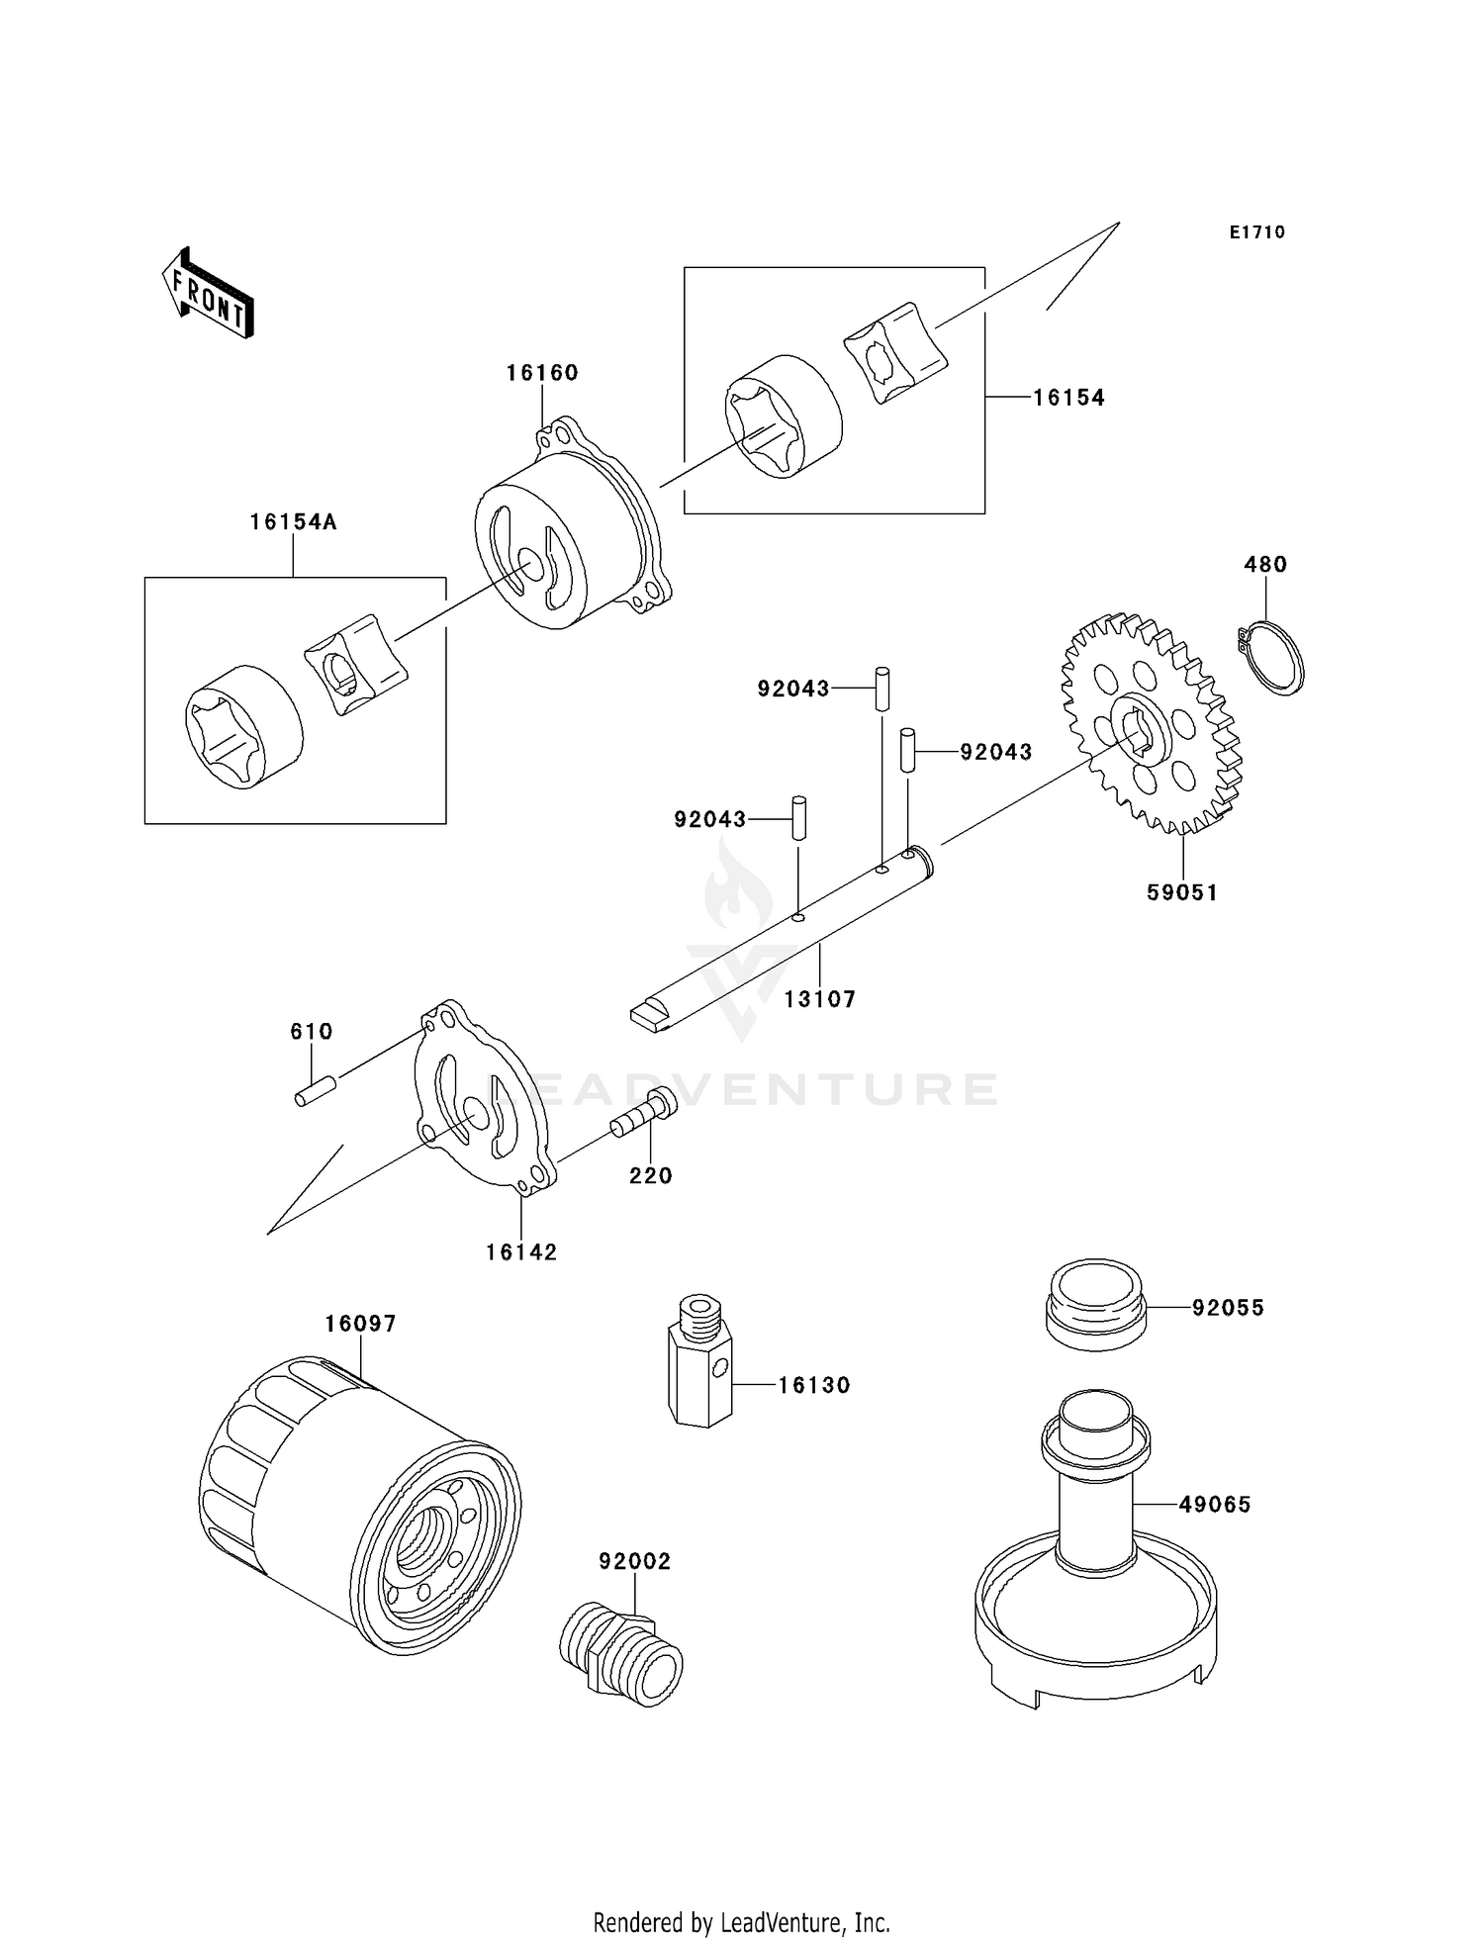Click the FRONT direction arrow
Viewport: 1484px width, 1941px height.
(x=209, y=295)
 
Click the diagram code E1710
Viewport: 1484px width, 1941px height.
(x=1256, y=232)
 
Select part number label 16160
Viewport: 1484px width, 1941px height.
(x=542, y=373)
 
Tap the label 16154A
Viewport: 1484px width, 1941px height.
(x=293, y=522)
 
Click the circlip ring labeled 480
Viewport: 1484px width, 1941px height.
(x=1273, y=658)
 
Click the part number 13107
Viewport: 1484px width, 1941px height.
(x=819, y=999)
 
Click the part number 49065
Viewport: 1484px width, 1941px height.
(x=1215, y=1505)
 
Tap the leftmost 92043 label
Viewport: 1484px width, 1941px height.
(x=710, y=820)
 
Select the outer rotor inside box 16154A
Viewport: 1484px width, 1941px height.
(x=243, y=726)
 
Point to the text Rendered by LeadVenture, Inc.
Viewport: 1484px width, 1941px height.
(x=741, y=1922)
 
